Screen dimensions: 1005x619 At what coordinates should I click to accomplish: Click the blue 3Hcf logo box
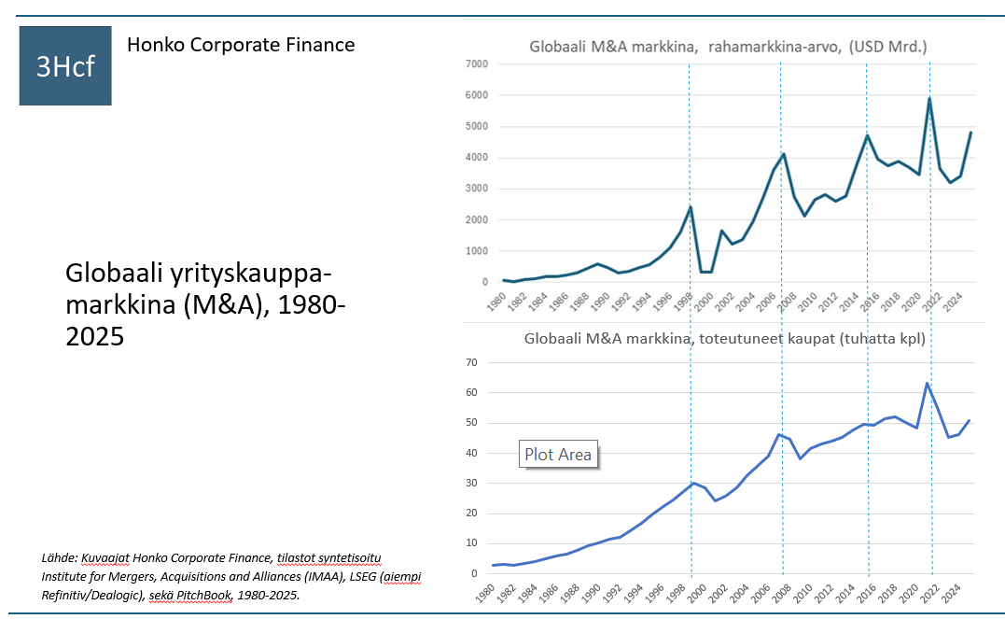[x=65, y=65]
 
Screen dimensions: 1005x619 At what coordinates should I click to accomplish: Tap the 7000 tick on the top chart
[x=477, y=63]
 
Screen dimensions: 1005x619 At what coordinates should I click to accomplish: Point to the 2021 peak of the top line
[x=929, y=98]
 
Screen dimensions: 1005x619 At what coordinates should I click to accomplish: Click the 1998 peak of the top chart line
[x=691, y=206]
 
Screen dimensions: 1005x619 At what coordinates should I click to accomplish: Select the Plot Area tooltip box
[x=558, y=454]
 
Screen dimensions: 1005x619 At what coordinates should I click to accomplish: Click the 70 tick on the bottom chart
[x=472, y=362]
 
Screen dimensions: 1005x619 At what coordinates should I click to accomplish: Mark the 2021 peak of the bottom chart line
[x=927, y=384]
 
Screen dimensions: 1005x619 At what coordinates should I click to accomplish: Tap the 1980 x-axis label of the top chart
[x=496, y=302]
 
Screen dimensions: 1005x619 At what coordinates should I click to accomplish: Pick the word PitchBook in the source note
[x=203, y=596]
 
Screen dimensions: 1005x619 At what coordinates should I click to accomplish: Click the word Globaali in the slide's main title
[x=114, y=274]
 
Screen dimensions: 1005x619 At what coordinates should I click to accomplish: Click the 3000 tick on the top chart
[x=477, y=188]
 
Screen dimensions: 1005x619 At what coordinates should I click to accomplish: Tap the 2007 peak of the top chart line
[x=783, y=154]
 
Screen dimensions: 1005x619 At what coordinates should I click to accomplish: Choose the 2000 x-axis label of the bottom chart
[x=697, y=593]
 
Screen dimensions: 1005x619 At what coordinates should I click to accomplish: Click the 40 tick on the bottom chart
[x=472, y=453]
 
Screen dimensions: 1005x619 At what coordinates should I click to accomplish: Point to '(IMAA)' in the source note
[x=325, y=577]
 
